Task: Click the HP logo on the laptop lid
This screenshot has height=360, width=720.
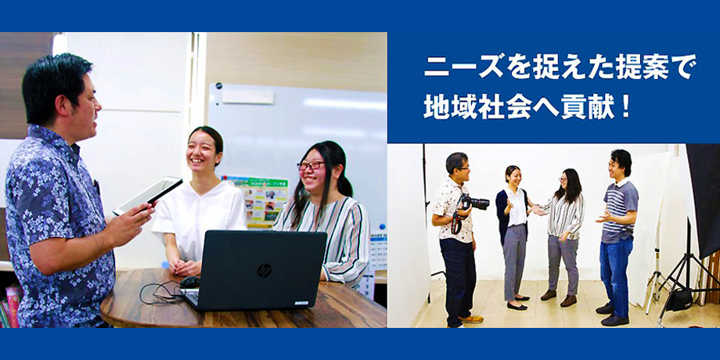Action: tap(264, 271)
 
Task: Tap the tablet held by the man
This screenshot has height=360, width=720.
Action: tap(148, 195)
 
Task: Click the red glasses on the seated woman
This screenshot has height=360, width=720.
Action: tap(310, 165)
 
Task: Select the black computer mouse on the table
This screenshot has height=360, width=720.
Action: tap(189, 283)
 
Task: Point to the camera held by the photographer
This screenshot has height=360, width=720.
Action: tap(475, 202)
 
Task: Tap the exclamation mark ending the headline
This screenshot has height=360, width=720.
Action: tap(625, 107)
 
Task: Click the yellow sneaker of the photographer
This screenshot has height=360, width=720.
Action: tap(470, 319)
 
